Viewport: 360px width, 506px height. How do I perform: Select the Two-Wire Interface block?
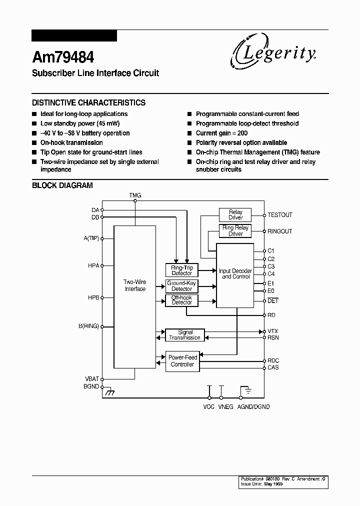pos(135,296)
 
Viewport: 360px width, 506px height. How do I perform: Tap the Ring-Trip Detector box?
pos(181,270)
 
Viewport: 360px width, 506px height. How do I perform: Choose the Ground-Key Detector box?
pos(181,286)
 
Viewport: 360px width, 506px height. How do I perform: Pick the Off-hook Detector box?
pos(181,300)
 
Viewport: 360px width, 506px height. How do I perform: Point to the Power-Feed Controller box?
pos(182,361)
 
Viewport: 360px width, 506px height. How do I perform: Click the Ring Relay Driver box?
pos(235,231)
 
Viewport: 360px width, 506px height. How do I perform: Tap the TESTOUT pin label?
pos(280,215)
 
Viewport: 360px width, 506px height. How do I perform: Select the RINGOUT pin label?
pos(280,231)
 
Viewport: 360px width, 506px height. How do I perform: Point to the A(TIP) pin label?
pos(91,238)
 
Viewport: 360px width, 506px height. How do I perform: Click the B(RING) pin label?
pos(88,326)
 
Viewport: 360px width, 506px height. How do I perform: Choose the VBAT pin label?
pos(91,378)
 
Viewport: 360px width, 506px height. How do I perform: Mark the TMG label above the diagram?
pos(135,195)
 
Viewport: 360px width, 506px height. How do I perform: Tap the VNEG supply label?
pos(225,407)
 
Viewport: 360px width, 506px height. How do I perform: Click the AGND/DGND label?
pos(253,407)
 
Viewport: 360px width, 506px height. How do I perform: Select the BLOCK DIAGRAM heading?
pos(62,185)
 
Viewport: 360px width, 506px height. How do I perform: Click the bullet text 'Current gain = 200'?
pos(221,133)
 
